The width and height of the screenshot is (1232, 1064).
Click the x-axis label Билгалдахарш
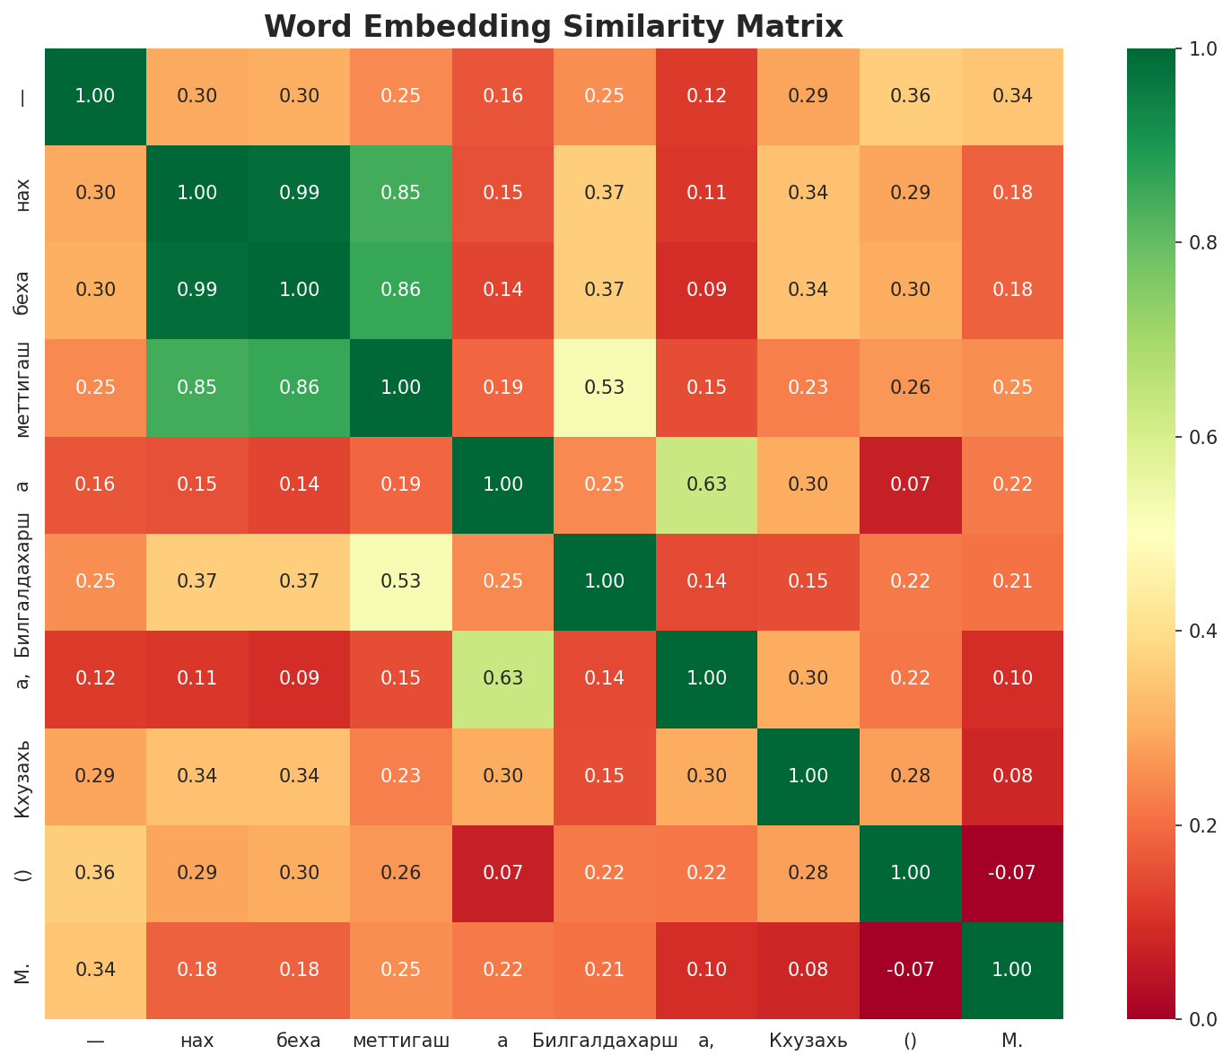[605, 1041]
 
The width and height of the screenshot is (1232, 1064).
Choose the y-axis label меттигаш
[23, 388]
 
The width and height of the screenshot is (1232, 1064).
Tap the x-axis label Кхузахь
[808, 1041]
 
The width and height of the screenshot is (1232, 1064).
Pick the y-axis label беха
[23, 291]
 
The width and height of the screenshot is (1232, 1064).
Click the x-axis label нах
[197, 1041]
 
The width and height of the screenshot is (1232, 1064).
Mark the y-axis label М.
[23, 971]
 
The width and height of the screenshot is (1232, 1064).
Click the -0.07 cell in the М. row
[910, 970]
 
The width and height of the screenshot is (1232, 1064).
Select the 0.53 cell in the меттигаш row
[605, 388]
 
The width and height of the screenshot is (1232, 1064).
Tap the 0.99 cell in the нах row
[299, 193]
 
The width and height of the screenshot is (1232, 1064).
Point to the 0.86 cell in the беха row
[400, 290]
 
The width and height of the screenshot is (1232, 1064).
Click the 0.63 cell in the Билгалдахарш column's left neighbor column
[502, 678]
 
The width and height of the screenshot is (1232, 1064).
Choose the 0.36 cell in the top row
[910, 96]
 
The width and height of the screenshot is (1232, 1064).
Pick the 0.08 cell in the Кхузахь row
[1012, 776]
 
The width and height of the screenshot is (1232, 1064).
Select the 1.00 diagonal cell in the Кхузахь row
[808, 776]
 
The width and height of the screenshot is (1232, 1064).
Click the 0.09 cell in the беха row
[706, 290]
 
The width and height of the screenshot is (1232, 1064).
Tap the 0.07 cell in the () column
[910, 484]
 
